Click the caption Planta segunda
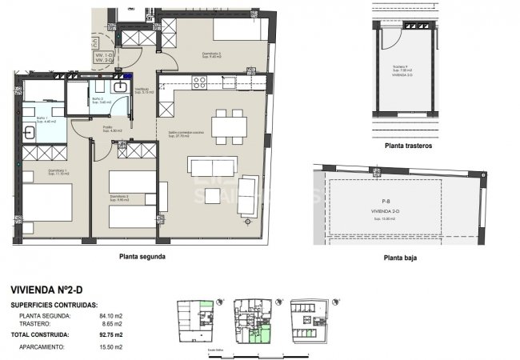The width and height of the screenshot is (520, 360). [x=142, y=257]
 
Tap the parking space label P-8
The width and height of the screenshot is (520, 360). [x=386, y=202]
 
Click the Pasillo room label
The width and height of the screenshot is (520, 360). [x=107, y=128]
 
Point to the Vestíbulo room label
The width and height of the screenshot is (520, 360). [x=142, y=90]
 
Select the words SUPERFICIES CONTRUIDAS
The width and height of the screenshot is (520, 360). [x=55, y=305]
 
